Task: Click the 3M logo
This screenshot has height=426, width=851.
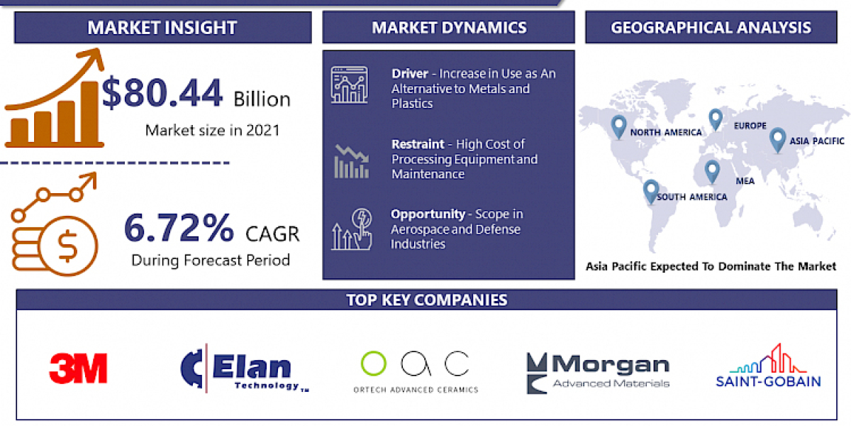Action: tap(78, 368)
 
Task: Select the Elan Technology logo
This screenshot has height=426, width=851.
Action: tap(245, 368)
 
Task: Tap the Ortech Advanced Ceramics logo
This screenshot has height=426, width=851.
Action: tap(416, 371)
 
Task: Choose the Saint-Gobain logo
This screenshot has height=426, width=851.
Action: tap(768, 367)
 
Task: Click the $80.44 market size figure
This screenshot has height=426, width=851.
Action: tap(162, 94)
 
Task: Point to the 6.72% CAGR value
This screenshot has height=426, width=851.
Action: tap(179, 228)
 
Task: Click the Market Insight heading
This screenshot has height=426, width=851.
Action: tap(162, 28)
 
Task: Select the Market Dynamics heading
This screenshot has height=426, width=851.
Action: tap(449, 28)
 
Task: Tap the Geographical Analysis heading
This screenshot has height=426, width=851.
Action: tap(711, 28)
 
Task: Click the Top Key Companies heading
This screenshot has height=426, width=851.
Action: tap(426, 300)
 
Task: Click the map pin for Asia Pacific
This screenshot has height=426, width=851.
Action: tap(778, 138)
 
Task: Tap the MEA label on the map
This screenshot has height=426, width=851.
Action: tap(745, 181)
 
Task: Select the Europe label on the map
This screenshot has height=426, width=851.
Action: tap(750, 126)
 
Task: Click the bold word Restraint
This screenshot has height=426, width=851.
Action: tap(418, 144)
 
